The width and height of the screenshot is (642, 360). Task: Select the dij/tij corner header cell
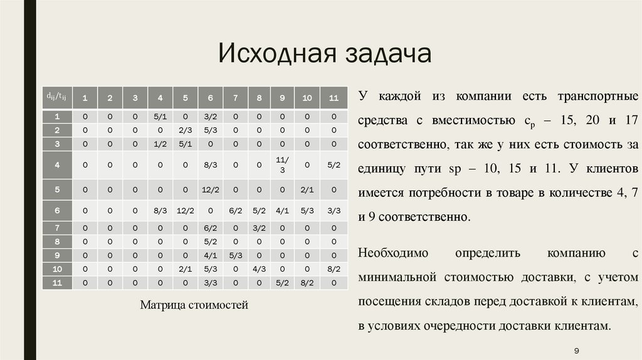(57, 97)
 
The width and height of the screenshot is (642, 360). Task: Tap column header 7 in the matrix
(235, 97)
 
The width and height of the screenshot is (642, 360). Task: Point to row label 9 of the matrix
(57, 255)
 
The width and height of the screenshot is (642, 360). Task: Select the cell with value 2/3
(185, 130)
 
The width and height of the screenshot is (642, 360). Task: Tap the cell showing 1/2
(160, 144)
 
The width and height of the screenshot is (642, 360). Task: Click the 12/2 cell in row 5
(210, 189)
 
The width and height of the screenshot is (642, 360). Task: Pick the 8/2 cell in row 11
(307, 282)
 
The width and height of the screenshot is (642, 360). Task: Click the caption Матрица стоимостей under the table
(194, 305)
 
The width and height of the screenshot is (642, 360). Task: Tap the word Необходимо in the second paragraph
(392, 253)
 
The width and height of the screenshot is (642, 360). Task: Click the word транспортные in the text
(598, 97)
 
